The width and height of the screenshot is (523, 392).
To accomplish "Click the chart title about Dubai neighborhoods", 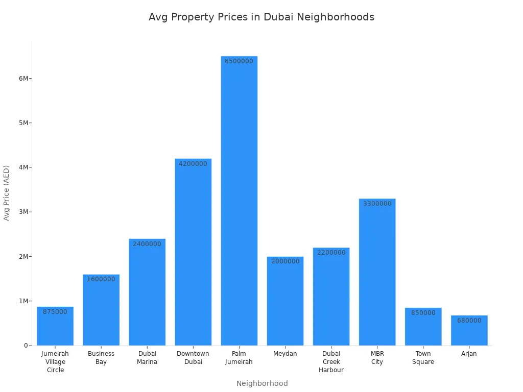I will coord(261,17).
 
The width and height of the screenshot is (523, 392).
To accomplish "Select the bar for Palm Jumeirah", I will coord(239,204).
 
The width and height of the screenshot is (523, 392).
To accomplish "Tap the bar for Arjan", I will coord(469,332).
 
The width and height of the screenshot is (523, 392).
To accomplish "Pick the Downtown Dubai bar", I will coord(193,255).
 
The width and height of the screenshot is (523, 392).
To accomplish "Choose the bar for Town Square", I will coord(423,329).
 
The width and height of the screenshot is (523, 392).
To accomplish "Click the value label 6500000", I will coord(239,61).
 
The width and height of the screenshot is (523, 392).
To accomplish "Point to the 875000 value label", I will coord(55,312).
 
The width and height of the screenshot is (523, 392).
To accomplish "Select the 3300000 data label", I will coord(377,204).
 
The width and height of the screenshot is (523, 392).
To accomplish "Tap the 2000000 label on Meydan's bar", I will coord(285,261).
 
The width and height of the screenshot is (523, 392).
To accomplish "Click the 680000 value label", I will coord(469,321).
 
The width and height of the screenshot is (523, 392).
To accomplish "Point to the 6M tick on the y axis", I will coord(24,78).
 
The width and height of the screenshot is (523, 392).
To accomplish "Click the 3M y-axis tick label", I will coord(24,212).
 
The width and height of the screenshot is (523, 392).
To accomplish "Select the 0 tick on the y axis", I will coord(26,346).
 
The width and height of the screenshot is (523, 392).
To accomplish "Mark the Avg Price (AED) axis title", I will coord(7,192).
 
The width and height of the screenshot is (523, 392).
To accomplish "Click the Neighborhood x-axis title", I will coord(262,383).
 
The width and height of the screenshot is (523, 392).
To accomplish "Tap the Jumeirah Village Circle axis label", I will coord(55,362).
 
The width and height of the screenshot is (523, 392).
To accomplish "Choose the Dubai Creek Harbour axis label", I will coord(331,362).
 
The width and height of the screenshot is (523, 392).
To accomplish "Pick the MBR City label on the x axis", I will coord(377,358).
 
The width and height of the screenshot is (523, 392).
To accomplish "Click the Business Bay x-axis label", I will coord(101,358).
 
